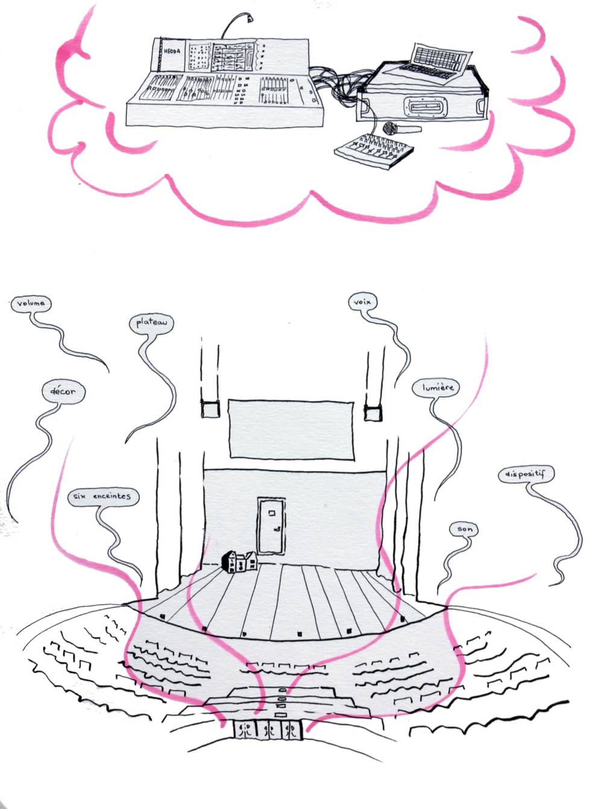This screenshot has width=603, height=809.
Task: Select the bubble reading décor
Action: click(x=63, y=392)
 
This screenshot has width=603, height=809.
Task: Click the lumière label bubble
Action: click(x=434, y=387)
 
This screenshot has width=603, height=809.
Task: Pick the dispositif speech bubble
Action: click(x=525, y=475)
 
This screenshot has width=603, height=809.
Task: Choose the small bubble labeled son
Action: click(x=464, y=529)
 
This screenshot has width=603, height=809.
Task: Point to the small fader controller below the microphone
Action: click(x=374, y=150)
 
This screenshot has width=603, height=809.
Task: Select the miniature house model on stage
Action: click(x=240, y=562)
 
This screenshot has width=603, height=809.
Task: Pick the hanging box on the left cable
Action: click(x=209, y=409)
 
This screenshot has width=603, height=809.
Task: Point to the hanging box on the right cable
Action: click(x=372, y=413)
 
